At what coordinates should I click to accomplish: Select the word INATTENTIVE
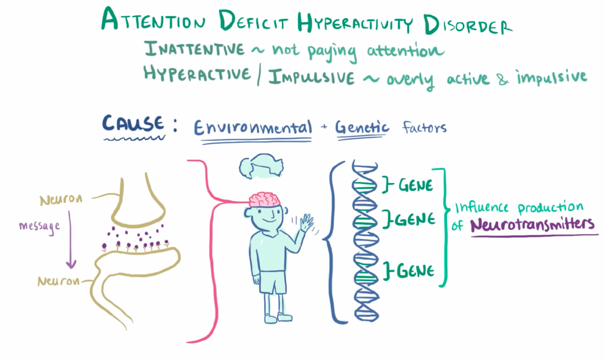(x=194, y=49)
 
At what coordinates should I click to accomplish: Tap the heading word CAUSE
(x=133, y=124)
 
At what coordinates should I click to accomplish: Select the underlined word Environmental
(x=253, y=127)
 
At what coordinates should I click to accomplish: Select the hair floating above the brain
(x=262, y=166)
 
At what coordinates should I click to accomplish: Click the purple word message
(x=39, y=226)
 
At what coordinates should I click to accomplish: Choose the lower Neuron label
(x=58, y=281)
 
